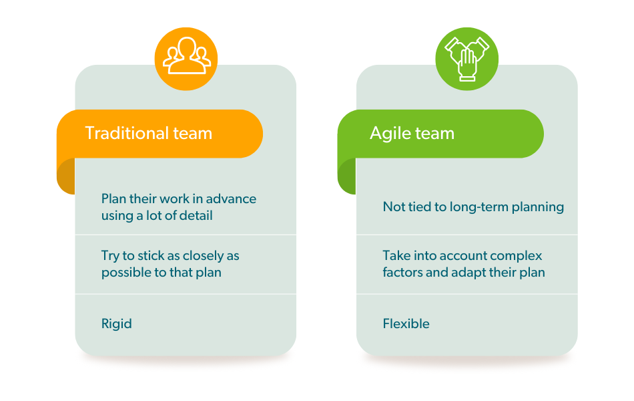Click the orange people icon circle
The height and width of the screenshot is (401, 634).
[186, 59]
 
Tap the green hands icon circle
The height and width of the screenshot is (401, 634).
[467, 59]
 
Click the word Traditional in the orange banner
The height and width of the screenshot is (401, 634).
[127, 133]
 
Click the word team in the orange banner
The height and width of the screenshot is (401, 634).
[192, 134]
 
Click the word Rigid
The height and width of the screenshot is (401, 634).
[116, 324]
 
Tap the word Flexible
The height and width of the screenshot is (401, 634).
[406, 323]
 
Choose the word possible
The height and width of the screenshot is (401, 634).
[125, 273]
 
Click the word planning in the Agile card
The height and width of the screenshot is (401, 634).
[538, 207]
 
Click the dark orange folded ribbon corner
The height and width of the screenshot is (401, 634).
[66, 176]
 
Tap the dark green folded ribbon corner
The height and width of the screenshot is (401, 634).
[347, 176]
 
